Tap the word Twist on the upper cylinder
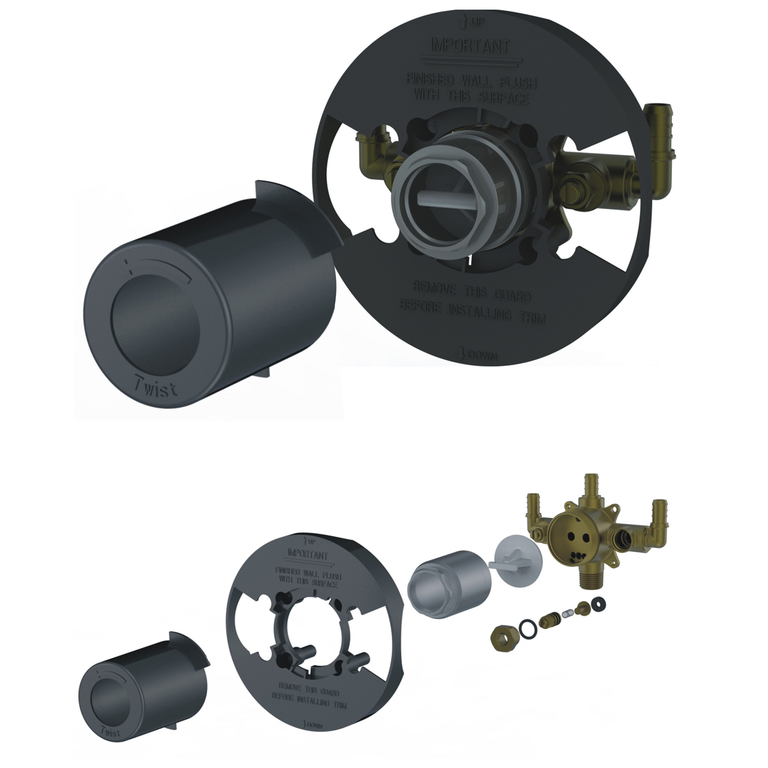[157, 387]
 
